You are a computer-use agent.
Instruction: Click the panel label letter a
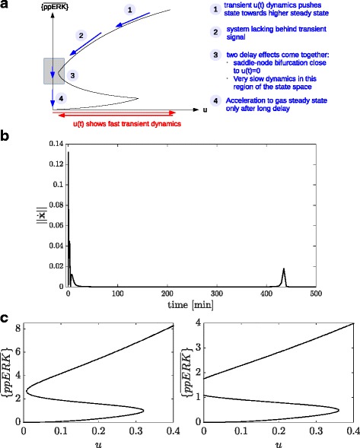6,7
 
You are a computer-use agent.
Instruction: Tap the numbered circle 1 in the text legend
216,10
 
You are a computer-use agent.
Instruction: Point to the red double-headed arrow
114,112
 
